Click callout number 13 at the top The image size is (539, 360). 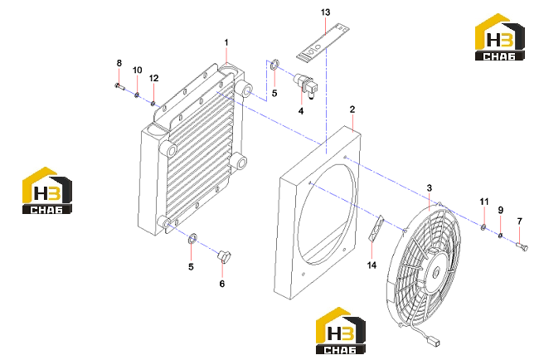click(x=325, y=12)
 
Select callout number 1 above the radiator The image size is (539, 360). click(x=226, y=42)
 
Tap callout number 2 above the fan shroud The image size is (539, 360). click(x=352, y=109)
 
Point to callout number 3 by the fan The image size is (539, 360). click(x=429, y=188)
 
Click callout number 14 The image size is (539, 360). click(x=371, y=265)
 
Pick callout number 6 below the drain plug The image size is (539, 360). click(x=222, y=284)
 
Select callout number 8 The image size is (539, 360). click(x=119, y=63)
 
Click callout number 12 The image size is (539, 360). click(x=153, y=79)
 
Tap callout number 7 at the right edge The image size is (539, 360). click(x=519, y=221)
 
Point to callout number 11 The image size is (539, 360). click(x=484, y=202)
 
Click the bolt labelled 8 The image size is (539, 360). click(x=119, y=86)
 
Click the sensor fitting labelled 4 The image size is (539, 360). click(x=305, y=85)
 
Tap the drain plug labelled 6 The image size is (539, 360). click(x=225, y=256)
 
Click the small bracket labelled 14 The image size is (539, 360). click(x=376, y=228)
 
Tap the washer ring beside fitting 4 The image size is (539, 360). click(x=274, y=65)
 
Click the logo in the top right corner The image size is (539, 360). click(x=500, y=37)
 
